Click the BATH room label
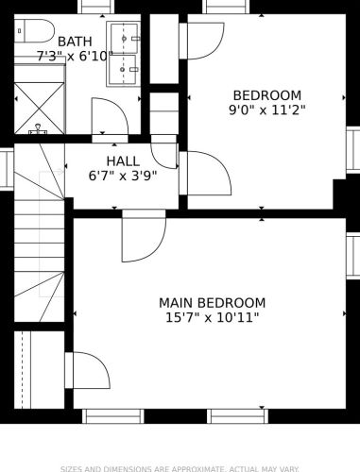(75, 42)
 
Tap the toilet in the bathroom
(34, 31)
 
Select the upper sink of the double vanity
(125, 39)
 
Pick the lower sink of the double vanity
(123, 69)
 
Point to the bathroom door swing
(110, 116)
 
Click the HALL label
(123, 161)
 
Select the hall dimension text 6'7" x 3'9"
(123, 176)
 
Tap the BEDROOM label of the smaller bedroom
(267, 95)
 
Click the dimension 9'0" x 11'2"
(267, 110)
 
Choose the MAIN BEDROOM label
(212, 303)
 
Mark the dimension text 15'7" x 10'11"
(212, 318)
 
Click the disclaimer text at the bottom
(180, 469)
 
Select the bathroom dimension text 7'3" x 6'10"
(75, 57)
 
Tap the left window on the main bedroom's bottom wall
(113, 416)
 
